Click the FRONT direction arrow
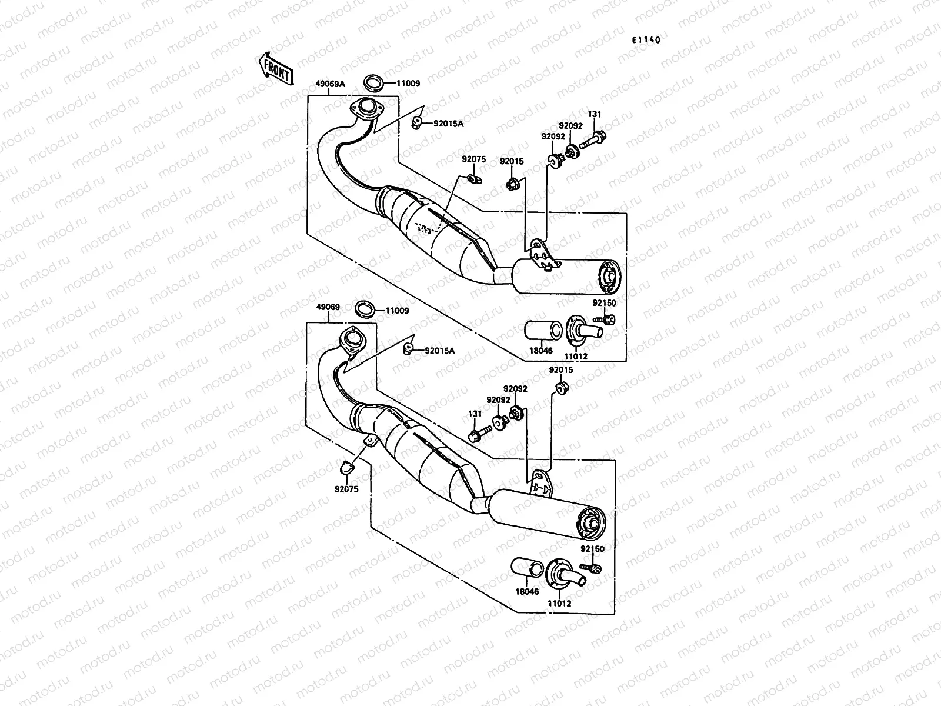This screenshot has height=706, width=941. click(274, 69)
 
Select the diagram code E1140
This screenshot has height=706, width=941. click(646, 41)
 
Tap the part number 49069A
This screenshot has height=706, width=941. click(330, 84)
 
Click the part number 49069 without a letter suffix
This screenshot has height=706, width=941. click(327, 307)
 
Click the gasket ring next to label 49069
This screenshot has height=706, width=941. click(365, 309)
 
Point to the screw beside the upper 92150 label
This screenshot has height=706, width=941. click(606, 319)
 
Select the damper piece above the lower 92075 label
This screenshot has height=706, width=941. click(346, 468)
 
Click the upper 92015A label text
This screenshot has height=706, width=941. click(449, 124)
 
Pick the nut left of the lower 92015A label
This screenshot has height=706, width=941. click(407, 349)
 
